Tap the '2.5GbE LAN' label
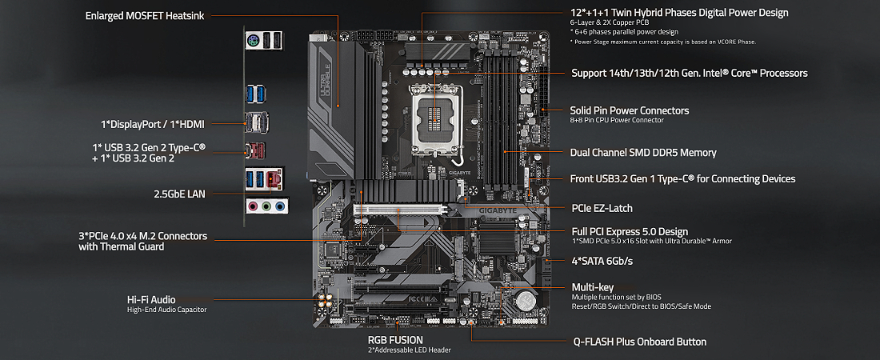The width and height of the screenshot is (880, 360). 179,194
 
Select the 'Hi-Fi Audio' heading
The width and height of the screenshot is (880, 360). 151,299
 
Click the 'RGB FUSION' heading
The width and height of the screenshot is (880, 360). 395,340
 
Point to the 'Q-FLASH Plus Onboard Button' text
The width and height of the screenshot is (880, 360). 639,342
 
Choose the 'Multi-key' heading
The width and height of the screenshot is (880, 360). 593,286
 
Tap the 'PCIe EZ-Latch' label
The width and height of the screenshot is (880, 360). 602,208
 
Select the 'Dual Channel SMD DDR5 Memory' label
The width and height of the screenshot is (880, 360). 642,152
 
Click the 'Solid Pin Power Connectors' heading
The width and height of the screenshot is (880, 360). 629,110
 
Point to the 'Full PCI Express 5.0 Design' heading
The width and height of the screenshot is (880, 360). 630,231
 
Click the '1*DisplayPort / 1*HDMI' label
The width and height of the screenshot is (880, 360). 153,124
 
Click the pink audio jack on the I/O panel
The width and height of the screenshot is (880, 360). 266,206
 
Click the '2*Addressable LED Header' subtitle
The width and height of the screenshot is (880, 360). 409,350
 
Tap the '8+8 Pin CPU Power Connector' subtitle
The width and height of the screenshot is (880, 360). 616,120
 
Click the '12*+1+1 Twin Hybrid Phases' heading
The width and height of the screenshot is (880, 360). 678,13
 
